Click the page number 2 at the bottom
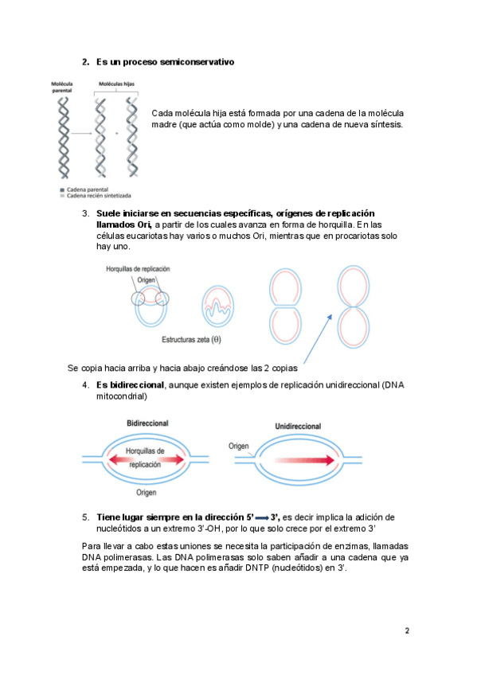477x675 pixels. [407, 630]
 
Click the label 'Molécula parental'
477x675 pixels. [62, 87]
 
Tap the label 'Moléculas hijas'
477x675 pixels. [117, 84]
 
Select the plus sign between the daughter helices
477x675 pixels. [117, 134]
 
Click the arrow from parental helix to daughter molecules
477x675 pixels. [81, 134]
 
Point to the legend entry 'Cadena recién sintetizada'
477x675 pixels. [99, 196]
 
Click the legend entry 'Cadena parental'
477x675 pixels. [88, 189]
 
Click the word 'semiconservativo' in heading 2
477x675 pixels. [197, 62]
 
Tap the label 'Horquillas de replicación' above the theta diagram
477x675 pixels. [139, 268]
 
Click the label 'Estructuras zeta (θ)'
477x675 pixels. [191, 339]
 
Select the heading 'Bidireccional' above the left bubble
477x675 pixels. [147, 423]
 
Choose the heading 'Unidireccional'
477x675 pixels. [298, 426]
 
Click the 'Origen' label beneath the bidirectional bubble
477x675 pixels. [147, 492]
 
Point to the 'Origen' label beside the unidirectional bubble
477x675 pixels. [239, 446]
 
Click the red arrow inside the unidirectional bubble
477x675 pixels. [304, 460]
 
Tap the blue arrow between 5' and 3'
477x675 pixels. [262, 518]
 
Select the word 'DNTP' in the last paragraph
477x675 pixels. [257, 568]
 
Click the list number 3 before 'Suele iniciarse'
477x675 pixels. [86, 213]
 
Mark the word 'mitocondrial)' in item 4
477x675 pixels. [122, 396]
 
